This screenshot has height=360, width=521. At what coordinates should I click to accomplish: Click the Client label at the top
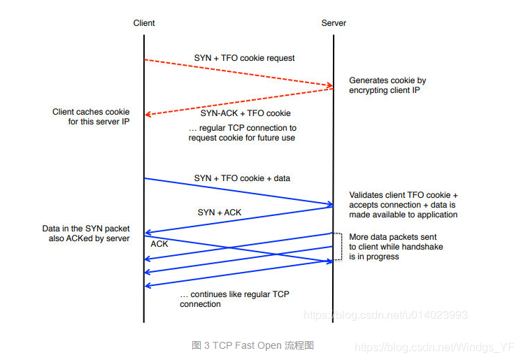pos(144,23)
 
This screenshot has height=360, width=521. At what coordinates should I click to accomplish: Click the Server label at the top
pos(334,23)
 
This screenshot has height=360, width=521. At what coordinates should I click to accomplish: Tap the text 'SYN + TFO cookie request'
pos(244,58)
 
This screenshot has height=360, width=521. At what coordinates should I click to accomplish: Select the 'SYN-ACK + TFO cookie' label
pos(245,113)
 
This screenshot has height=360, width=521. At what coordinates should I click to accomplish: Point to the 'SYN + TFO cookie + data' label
pos(242,178)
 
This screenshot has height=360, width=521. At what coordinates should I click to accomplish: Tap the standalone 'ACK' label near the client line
pos(159,244)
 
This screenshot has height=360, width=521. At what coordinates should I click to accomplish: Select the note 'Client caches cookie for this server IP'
pos(91,117)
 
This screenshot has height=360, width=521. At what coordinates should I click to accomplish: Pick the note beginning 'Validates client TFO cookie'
pos(403,204)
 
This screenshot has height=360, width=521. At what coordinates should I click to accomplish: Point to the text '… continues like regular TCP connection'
pos(234,299)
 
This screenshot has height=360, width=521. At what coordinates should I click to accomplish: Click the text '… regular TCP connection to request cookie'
pos(242,133)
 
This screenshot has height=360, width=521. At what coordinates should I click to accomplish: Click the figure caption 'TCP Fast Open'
pos(252,345)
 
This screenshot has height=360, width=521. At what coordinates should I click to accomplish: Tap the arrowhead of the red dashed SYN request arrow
pos(331,86)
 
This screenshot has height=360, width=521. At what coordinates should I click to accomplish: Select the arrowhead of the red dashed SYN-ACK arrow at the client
pos(148,115)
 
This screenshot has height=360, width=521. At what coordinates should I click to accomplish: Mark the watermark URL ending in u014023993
pos(385,315)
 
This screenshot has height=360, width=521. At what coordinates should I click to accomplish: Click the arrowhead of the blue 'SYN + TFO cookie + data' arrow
pos(331,205)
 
